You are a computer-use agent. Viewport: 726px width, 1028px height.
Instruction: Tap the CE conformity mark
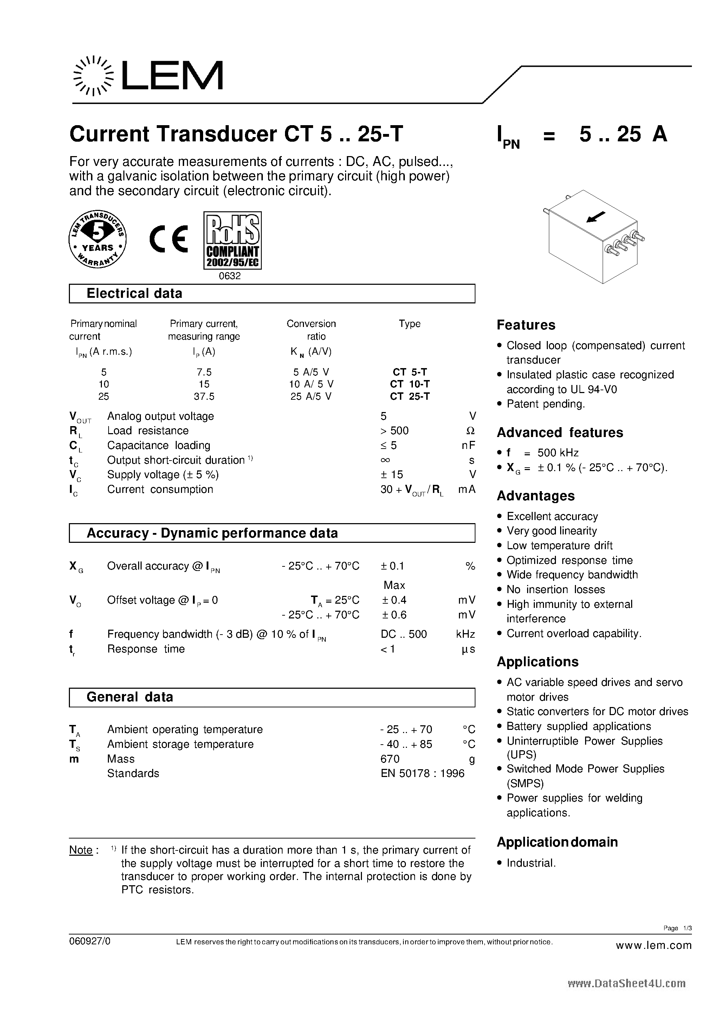(169, 239)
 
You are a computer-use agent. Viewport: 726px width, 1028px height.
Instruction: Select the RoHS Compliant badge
(232, 240)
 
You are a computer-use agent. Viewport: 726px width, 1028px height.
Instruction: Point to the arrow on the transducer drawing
(596, 217)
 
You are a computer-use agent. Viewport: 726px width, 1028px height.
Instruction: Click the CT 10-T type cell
(409, 384)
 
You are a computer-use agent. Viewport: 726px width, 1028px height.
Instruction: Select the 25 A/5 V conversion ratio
(311, 396)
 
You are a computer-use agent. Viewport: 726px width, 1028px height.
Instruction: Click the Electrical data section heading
(134, 294)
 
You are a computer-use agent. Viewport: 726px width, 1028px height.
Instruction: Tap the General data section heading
(130, 697)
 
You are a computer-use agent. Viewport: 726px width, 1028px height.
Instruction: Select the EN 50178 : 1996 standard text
(422, 773)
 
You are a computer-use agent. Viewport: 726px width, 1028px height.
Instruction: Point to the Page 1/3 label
(677, 928)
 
